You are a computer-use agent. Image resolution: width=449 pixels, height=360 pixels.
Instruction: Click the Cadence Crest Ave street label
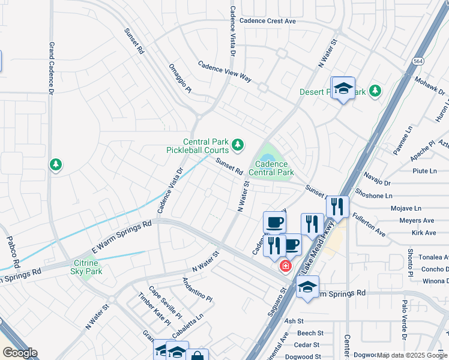click(x=268, y=21)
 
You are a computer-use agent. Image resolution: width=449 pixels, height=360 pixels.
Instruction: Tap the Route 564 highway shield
click(x=418, y=61)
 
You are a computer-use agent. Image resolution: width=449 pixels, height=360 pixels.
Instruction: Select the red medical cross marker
click(x=286, y=266)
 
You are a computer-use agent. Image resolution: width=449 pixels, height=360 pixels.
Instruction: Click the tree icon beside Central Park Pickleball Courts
click(x=238, y=145)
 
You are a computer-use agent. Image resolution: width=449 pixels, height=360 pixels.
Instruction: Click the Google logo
click(x=19, y=353)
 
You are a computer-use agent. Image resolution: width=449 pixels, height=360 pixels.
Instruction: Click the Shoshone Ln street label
click(x=374, y=196)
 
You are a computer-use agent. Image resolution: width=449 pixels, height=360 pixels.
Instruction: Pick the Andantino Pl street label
click(x=197, y=289)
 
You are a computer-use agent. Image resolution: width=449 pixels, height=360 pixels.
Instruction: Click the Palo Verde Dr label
click(x=405, y=329)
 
